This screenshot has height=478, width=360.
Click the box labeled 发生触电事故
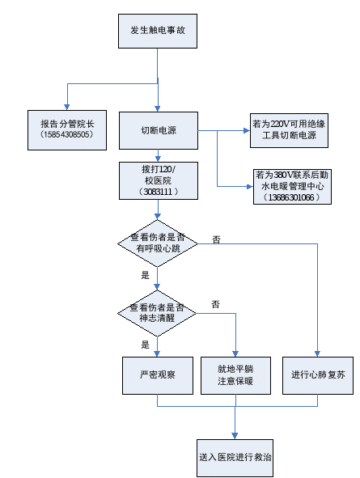[158, 31]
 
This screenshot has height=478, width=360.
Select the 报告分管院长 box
[67, 130]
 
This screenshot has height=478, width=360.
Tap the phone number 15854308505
[67, 134]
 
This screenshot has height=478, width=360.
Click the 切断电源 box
[159, 130]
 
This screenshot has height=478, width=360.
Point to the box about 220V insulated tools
[289, 130]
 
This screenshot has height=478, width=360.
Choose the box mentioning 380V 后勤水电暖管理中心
[292, 187]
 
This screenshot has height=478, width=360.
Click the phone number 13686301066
[291, 197]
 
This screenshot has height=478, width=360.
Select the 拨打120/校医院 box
[159, 181]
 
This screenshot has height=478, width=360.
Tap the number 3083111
[158, 192]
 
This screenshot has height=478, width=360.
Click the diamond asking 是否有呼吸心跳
[158, 243]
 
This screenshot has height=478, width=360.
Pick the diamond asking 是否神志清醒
[157, 313]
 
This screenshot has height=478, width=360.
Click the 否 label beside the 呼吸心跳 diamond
[216, 240]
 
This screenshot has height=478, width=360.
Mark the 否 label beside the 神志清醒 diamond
[215, 304]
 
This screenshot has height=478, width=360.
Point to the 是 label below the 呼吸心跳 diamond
[146, 275]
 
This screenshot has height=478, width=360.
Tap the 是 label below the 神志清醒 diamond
[146, 345]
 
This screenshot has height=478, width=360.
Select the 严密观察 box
[158, 375]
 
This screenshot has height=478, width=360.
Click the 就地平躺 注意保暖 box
[235, 375]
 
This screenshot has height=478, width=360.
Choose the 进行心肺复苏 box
[318, 375]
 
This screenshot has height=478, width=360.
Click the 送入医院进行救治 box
[235, 458]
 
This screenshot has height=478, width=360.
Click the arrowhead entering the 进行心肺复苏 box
[317, 353]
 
